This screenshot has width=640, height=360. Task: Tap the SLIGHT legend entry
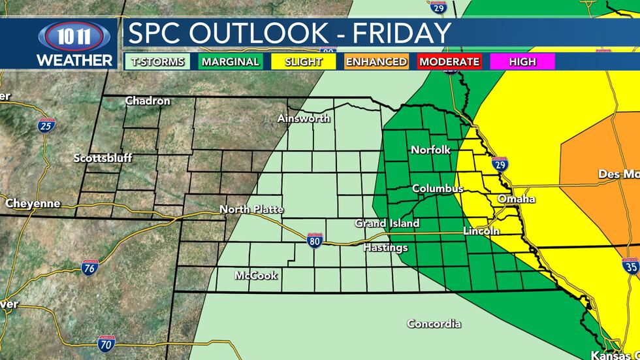pyautogui.click(x=304, y=62)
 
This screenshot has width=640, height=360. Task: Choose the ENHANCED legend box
pyautogui.click(x=376, y=62)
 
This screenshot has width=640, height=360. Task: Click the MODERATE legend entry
pyautogui.click(x=449, y=62)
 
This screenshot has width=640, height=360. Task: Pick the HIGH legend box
pyautogui.click(x=522, y=62)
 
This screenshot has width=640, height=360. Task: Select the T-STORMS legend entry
pyautogui.click(x=157, y=62)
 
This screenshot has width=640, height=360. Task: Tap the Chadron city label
pyautogui.click(x=148, y=101)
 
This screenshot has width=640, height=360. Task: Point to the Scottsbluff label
pyautogui.click(x=103, y=158)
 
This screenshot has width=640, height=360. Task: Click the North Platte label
pyautogui.click(x=251, y=209)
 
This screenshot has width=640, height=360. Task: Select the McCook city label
pyautogui.click(x=256, y=275)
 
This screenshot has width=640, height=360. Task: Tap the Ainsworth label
pyautogui.click(x=304, y=118)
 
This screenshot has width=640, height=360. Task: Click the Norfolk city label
pyautogui.click(x=430, y=150)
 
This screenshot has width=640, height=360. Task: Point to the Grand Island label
pyautogui.click(x=387, y=223)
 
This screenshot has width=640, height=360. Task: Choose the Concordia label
pyautogui.click(x=434, y=323)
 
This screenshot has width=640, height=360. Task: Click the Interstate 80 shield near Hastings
pyautogui.click(x=314, y=240)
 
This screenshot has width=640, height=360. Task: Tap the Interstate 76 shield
pyautogui.click(x=91, y=267)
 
